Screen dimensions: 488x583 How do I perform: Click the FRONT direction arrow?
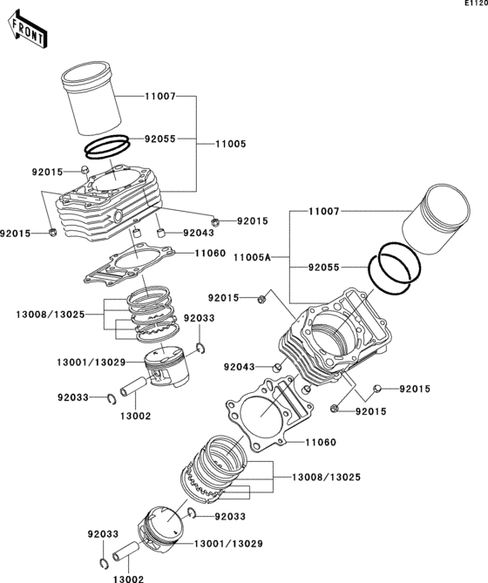[x=27, y=30]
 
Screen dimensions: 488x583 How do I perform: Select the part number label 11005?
[x=231, y=144]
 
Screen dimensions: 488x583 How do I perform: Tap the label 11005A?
[x=253, y=257]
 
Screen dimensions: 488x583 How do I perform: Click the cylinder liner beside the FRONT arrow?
[x=91, y=98]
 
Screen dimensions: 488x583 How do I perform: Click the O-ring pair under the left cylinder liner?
[x=107, y=146]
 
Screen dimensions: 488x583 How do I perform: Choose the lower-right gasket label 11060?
[x=321, y=442]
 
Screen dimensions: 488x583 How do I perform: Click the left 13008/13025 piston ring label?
[x=51, y=315]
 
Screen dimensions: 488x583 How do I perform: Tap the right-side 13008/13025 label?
[x=326, y=477]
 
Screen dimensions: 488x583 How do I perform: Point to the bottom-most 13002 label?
[x=128, y=579]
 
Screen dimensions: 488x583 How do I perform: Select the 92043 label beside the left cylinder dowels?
[x=199, y=234]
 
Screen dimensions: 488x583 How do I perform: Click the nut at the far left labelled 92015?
[x=52, y=233]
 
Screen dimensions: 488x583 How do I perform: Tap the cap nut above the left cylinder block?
[x=85, y=170]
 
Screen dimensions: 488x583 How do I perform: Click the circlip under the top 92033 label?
[x=200, y=349]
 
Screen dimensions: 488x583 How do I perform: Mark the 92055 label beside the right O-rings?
[x=323, y=268]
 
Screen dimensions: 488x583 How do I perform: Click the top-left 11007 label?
[x=159, y=97]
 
